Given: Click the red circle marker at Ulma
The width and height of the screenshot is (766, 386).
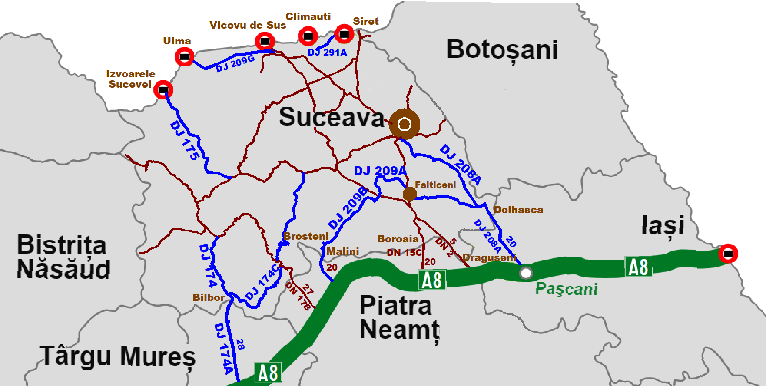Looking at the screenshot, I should pos(184,57).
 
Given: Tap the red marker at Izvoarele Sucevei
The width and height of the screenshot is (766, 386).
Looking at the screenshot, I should pos(163,90).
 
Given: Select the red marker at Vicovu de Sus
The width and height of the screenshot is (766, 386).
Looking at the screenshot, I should pos(265,42).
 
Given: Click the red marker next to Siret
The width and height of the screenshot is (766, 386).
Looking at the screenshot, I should pos(344,34).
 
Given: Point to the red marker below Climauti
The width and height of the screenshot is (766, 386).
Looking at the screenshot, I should pos(308,36).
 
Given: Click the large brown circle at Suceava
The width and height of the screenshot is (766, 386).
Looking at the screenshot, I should pos(405,124).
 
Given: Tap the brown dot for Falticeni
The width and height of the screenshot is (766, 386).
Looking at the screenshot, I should pos(409,194).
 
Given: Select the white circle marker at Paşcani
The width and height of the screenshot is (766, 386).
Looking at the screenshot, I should pos(526,273).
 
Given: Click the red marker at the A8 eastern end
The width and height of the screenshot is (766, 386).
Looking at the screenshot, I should pos(728,254).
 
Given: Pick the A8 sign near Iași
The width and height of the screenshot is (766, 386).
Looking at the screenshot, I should pos(638,267).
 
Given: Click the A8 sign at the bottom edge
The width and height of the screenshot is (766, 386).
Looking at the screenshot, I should pos(268,373).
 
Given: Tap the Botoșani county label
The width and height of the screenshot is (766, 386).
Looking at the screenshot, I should pos(502,50).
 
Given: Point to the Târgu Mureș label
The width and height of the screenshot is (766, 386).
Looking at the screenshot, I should pos(118,357).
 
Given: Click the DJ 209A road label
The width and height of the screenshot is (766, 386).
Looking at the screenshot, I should pos(380,171).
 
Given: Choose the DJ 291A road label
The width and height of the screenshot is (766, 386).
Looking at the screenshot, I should pos(327,53).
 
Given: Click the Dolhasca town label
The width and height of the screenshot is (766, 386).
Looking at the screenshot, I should pos(518,210).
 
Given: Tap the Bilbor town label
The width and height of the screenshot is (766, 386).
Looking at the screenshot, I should pos(209,297).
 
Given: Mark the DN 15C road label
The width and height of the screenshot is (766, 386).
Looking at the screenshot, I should pos(404,253).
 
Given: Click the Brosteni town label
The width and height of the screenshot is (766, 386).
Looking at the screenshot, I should pos(306,236).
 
